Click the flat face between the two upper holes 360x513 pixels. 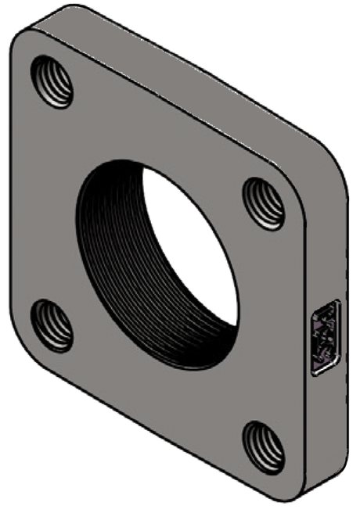[x=157, y=125]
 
